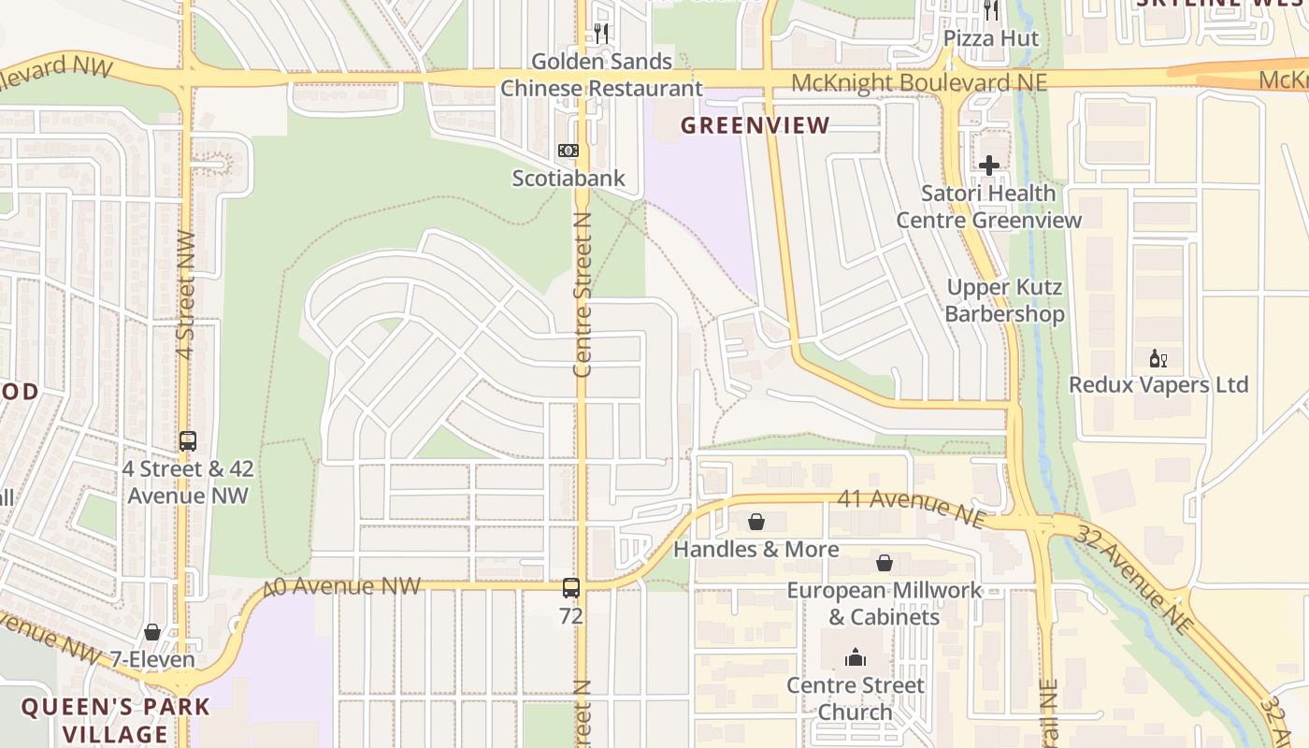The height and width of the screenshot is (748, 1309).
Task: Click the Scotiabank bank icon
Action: tap(568, 151)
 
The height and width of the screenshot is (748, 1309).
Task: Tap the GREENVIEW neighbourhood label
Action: tap(755, 125)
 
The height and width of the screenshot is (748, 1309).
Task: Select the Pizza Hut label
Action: tap(991, 38)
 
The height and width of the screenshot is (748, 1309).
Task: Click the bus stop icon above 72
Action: tap(570, 588)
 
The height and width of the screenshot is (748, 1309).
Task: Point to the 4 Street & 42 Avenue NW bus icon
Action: tap(188, 440)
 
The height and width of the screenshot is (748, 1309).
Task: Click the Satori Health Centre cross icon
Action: tap(989, 166)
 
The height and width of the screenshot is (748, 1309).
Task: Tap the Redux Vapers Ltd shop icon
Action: tap(1158, 358)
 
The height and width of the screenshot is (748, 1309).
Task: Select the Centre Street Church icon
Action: tap(855, 658)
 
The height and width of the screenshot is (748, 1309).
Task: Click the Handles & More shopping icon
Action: tap(756, 522)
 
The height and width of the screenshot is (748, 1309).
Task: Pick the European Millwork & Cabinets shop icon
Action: tap(884, 563)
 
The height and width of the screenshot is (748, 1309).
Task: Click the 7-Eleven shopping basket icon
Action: tap(152, 633)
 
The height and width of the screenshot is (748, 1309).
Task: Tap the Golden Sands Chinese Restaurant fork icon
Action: tap(601, 34)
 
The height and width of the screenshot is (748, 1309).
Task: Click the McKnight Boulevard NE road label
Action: tap(918, 83)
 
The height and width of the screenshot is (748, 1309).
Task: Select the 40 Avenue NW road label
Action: tap(342, 587)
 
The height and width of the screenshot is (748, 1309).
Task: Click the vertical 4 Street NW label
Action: tap(185, 294)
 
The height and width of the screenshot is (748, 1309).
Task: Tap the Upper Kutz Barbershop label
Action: tap(1004, 300)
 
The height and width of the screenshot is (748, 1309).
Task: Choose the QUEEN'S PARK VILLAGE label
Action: tap(116, 720)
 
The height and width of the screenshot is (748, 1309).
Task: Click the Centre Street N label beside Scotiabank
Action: tap(583, 295)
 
